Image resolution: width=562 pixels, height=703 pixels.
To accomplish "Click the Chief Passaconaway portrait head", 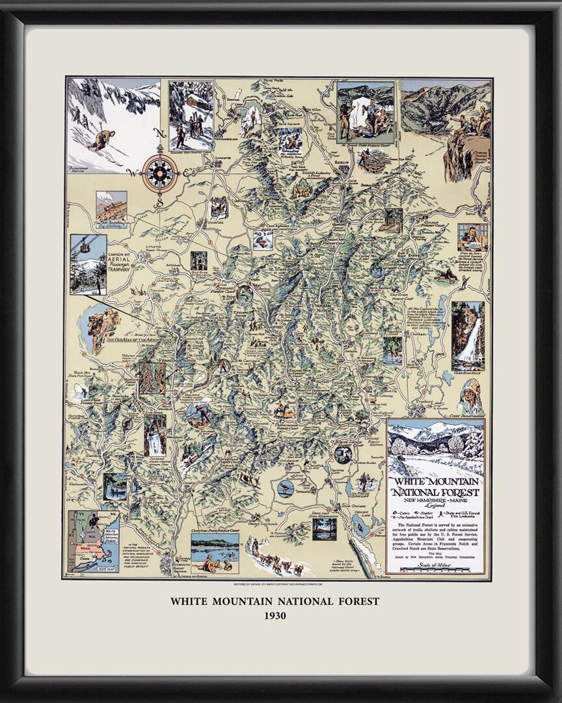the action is point(470,394).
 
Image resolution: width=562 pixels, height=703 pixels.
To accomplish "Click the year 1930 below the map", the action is point(274,615).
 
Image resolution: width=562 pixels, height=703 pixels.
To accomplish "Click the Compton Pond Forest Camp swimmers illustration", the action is point(215,553).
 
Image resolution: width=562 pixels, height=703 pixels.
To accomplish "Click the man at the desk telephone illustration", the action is point(472,236).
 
